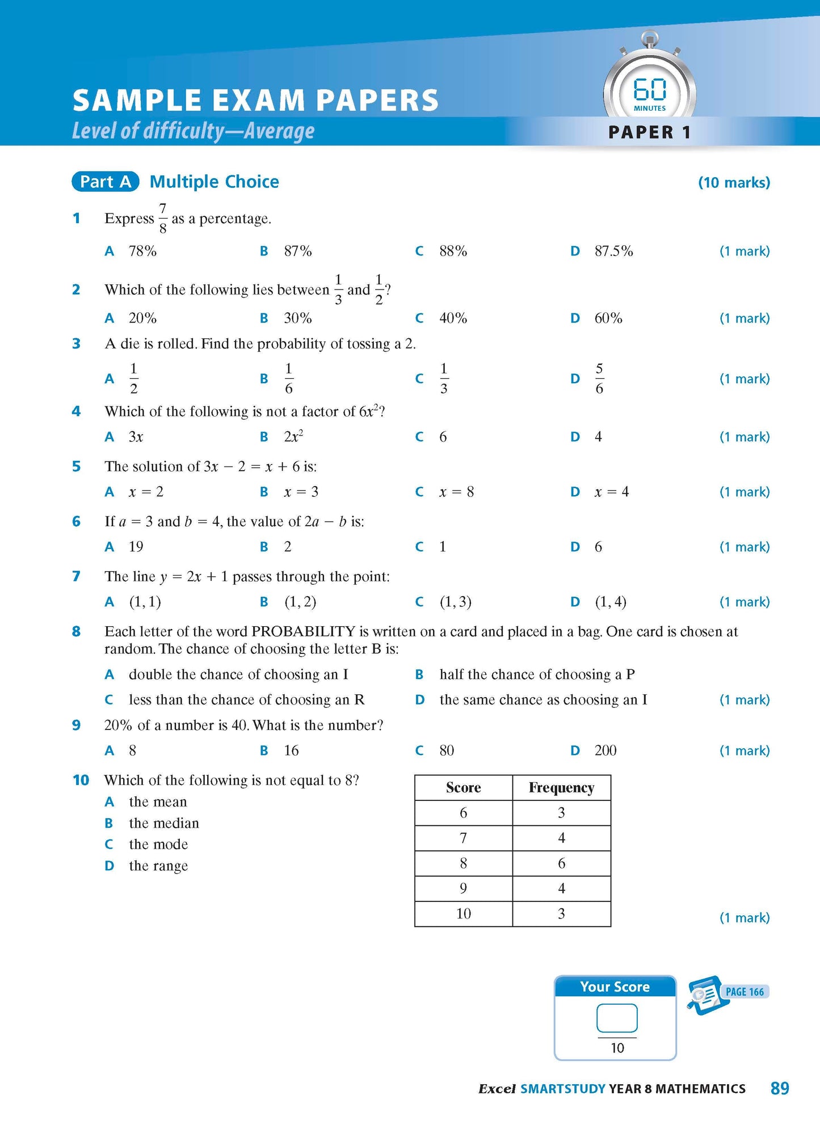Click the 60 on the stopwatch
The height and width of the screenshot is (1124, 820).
[x=650, y=89]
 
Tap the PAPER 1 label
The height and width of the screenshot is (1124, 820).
[x=649, y=132]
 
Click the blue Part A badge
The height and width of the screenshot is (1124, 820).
[x=106, y=182]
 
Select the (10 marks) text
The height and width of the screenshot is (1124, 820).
[x=734, y=183]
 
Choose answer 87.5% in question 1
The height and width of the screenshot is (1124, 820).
[x=613, y=251]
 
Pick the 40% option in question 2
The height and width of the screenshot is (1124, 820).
[x=453, y=318]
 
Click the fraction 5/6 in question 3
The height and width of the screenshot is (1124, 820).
[x=599, y=379]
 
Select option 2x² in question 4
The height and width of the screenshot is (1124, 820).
[x=293, y=437]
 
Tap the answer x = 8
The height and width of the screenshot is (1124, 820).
[x=456, y=492]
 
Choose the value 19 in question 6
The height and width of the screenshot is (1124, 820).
[x=136, y=547]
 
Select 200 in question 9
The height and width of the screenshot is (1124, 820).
[x=605, y=750]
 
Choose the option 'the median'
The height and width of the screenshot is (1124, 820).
[x=163, y=823]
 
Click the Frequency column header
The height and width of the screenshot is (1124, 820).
[x=561, y=788]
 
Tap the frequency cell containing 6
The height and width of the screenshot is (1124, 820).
[x=561, y=863]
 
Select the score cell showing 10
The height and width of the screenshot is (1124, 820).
[x=464, y=914]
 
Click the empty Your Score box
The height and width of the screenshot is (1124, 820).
[x=617, y=1018]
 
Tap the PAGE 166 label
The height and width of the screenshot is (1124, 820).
[x=745, y=992]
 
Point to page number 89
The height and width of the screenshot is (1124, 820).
[x=780, y=1088]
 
